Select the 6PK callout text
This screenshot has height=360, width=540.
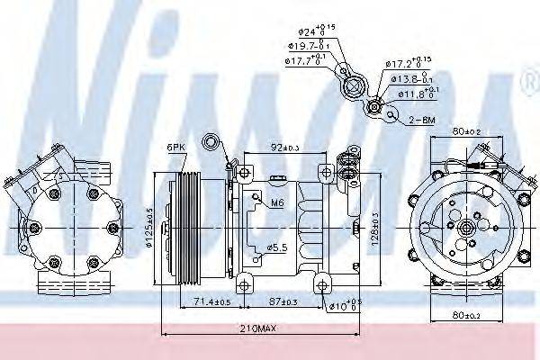click(175, 147)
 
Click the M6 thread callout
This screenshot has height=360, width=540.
click(277, 204)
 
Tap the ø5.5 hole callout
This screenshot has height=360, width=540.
click(277, 247)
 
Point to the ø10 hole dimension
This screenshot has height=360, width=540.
click(345, 306)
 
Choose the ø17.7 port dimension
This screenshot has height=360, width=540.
click(305, 61)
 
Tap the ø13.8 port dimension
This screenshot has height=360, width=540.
click(411, 78)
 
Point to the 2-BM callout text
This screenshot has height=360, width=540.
click(423, 118)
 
